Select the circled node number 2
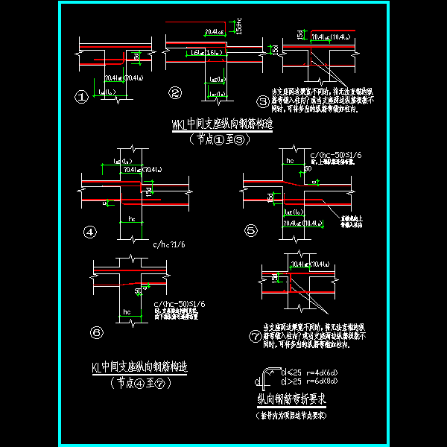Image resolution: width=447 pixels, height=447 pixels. (x=175, y=93)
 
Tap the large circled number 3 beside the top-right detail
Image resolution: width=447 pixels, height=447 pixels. (x=262, y=101)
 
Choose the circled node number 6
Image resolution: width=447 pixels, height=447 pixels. (x=98, y=332)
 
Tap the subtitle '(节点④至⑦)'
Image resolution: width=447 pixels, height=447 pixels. (x=139, y=383)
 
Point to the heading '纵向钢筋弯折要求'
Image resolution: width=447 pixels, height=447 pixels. (x=292, y=400)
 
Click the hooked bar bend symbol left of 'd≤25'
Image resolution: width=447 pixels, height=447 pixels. (x=267, y=376)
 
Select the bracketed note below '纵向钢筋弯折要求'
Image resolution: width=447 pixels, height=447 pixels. (x=293, y=414)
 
